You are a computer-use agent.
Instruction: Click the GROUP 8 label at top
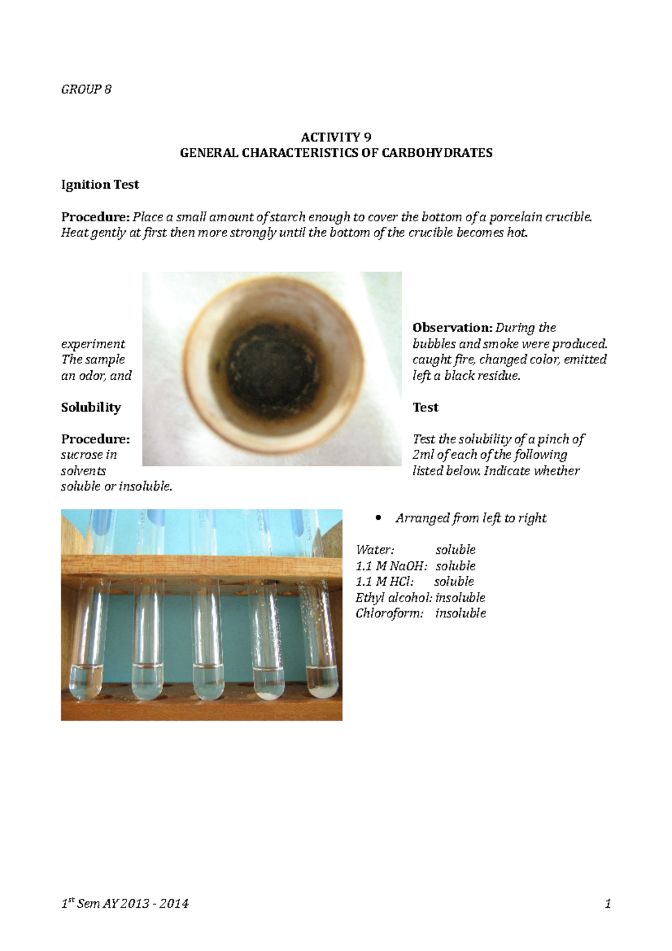coord(86,90)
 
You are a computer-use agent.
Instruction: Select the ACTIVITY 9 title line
coord(336,137)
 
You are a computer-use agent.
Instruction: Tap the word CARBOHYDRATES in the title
coord(437,153)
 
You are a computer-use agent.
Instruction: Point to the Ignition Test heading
coord(100,185)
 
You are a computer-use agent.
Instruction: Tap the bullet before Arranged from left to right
coord(379,518)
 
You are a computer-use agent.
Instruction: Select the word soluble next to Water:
coord(455,550)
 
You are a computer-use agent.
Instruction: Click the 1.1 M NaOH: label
coord(391,566)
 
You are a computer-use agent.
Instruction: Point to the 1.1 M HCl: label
coord(385,582)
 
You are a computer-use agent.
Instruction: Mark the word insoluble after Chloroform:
coord(460,613)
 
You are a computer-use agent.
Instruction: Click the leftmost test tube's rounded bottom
coord(86,686)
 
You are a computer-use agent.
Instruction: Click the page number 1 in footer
coord(608,903)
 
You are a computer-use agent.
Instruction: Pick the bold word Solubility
coord(91,408)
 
